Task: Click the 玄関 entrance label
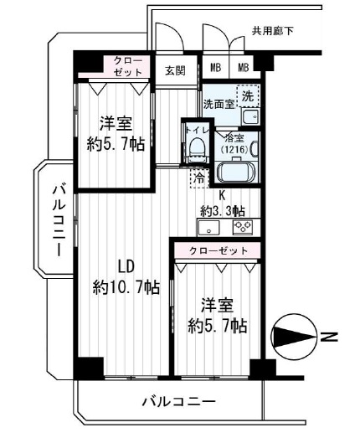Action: [x=175, y=70]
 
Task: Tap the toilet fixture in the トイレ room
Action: [x=197, y=149]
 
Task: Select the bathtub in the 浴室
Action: [x=236, y=172]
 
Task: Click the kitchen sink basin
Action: [x=208, y=228]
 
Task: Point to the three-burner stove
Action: [x=243, y=227]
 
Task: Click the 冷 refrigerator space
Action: [x=200, y=178]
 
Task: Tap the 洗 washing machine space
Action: [x=248, y=95]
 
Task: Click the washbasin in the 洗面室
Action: [x=250, y=117]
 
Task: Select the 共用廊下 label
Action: [x=272, y=31]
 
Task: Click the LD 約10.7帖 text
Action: [x=126, y=277]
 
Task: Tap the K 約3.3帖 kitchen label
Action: [x=223, y=204]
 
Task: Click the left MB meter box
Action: [x=216, y=67]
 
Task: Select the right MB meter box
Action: [x=243, y=67]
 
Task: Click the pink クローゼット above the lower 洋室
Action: [x=218, y=250]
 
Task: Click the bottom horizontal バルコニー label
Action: [x=179, y=402]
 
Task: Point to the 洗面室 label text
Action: [x=219, y=104]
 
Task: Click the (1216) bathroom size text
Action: [x=234, y=150]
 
